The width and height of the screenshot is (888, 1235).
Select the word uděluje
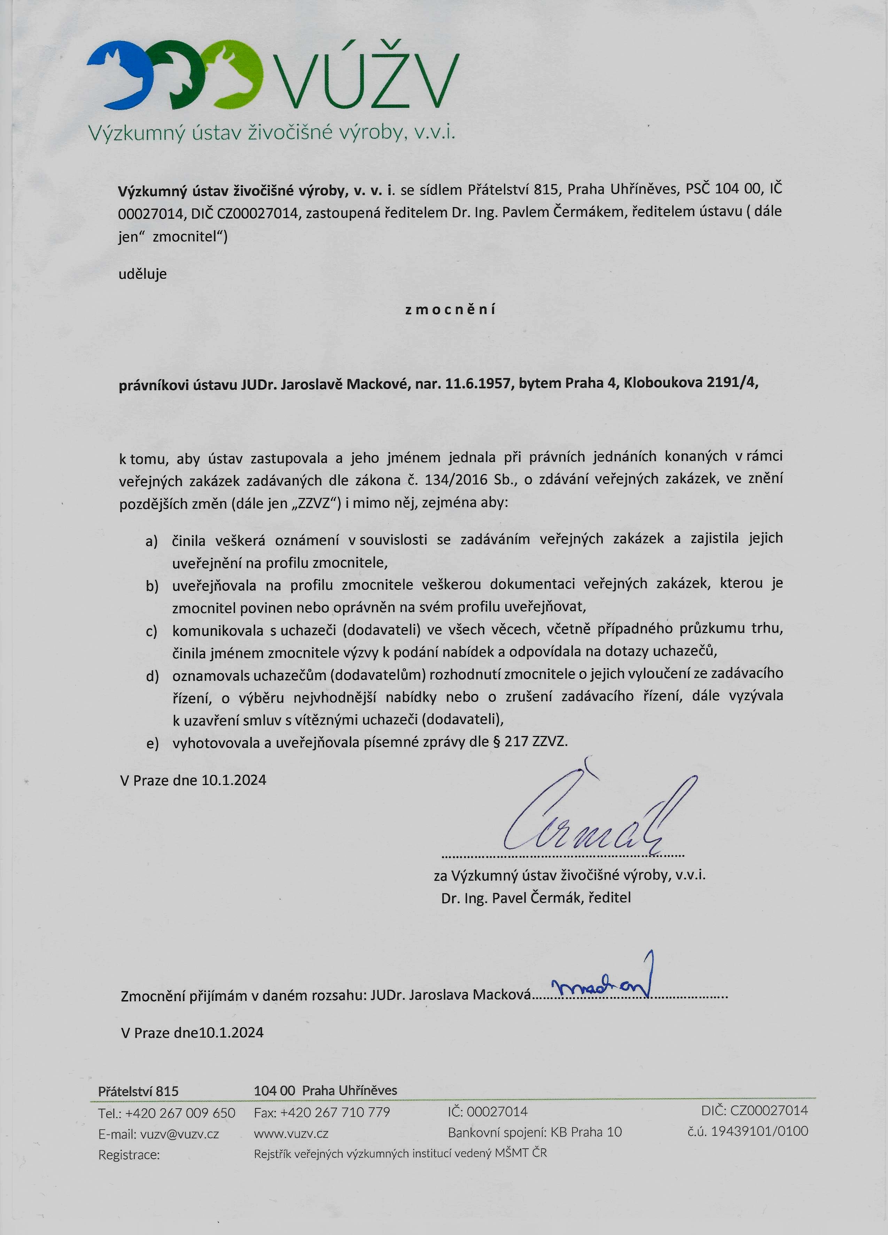[x=143, y=274]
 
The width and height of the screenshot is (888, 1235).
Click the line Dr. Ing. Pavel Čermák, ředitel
[x=536, y=898]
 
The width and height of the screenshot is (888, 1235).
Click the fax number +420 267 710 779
[x=335, y=1112]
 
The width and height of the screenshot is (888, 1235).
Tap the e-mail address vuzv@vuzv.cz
[x=179, y=1134]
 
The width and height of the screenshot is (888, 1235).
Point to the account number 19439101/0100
[x=760, y=1132]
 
